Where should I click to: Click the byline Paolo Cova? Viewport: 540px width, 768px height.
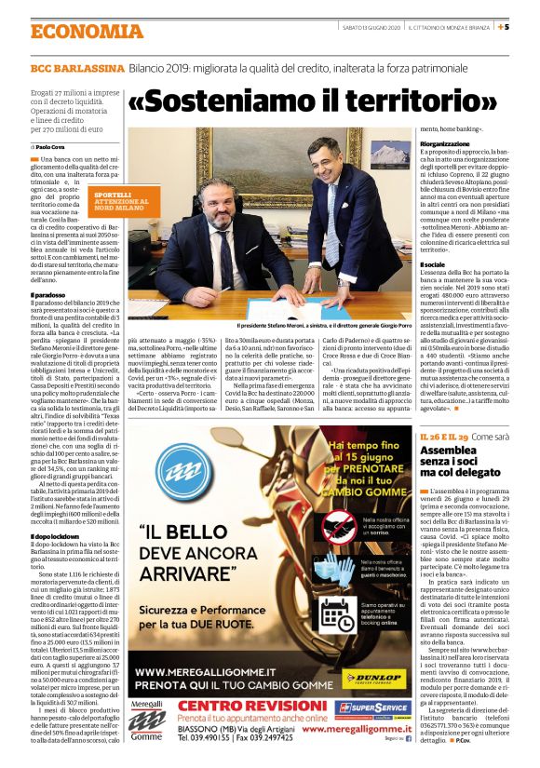click(x=56, y=147)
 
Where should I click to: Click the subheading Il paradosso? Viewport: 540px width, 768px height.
click(x=48, y=295)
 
